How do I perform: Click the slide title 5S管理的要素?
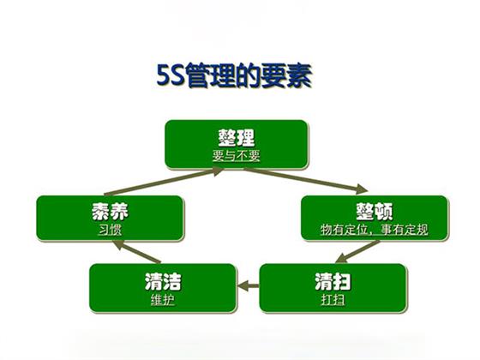[234, 75]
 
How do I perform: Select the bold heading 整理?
[237, 138]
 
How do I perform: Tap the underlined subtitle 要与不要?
[237, 155]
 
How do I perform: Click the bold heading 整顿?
[375, 211]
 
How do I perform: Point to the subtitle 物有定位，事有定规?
[375, 230]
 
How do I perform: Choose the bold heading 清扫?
[333, 282]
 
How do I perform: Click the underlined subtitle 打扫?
[333, 300]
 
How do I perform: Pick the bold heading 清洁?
[163, 282]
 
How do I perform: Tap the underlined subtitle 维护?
[163, 300]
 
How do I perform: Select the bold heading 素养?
[111, 211]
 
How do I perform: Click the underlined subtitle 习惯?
[111, 230]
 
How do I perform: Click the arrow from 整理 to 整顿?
[305, 180]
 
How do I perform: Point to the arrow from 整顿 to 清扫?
[357, 252]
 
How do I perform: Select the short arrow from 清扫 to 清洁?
[249, 286]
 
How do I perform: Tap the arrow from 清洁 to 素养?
[136, 252]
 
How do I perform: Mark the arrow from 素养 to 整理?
[164, 181]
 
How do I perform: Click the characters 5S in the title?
[171, 75]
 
